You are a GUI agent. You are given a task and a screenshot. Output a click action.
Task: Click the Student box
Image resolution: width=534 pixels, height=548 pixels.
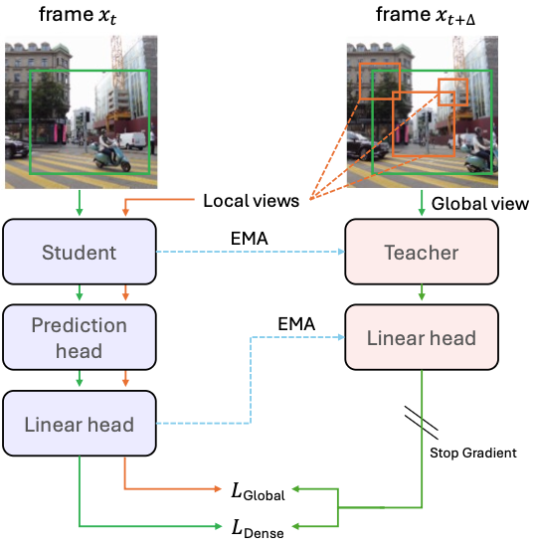coord(80,252)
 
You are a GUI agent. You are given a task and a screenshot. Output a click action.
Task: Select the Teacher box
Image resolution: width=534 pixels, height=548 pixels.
coord(422,252)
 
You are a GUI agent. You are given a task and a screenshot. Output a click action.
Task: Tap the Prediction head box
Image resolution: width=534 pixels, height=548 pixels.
coord(80,337)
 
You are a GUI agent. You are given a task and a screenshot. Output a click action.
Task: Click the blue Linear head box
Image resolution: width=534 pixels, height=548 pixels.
coord(80,424)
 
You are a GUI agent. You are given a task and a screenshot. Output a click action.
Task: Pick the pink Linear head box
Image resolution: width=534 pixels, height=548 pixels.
coord(422,337)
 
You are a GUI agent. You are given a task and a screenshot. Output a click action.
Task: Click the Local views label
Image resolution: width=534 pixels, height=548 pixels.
coord(252,201)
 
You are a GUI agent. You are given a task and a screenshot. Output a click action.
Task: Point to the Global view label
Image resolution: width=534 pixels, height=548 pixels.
coord(480,204)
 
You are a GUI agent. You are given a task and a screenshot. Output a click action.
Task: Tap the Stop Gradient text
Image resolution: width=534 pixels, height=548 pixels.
coord(473,453)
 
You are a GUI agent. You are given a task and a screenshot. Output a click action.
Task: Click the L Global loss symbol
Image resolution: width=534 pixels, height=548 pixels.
coord(258,491)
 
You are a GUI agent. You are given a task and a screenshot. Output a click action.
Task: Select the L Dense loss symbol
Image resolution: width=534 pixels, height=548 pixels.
coord(258,529)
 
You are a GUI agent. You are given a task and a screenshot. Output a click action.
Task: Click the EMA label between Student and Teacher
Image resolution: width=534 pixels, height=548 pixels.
coord(250,239)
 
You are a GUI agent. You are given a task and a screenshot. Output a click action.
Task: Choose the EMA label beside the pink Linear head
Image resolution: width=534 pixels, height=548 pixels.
coord(296,324)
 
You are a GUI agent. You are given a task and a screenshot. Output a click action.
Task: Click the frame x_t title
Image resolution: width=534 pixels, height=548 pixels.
coord(78,16)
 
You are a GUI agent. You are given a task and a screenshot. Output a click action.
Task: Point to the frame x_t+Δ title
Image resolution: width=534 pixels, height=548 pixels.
coord(426,17)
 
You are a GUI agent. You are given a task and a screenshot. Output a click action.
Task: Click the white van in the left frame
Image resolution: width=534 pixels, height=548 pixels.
coord(133,140)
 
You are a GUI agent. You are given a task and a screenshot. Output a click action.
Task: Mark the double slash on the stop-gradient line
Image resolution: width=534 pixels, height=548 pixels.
coord(422,422)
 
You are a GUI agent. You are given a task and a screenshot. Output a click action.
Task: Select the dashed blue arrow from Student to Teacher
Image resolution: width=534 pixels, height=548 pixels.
coord(251,252)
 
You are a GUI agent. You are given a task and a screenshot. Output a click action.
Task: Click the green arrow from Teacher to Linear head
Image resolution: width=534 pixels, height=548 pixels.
coord(422,292)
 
